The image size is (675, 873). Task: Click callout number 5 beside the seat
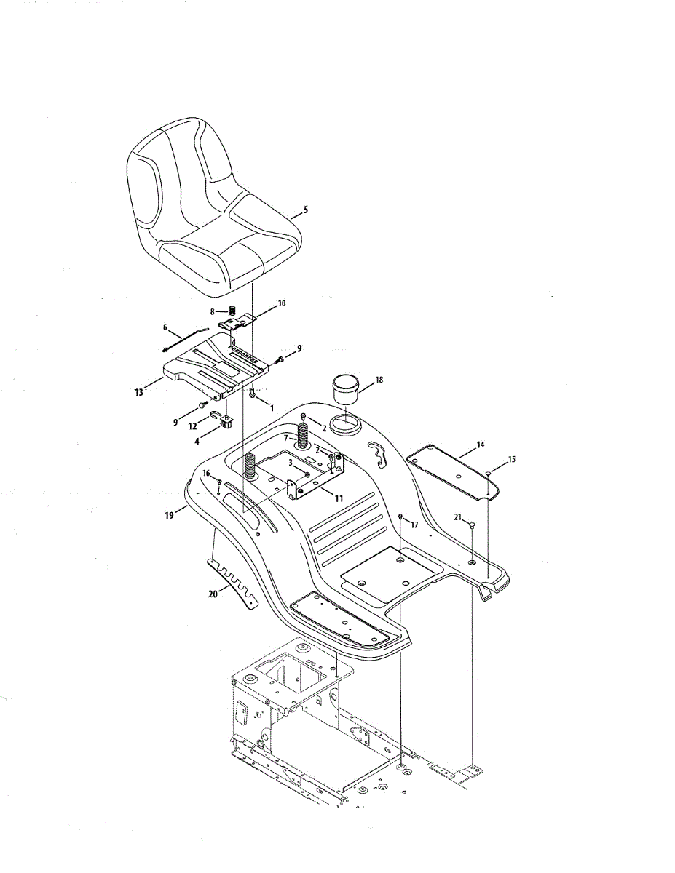tap(306, 210)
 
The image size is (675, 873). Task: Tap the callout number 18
tap(379, 380)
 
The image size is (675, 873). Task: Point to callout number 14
tap(481, 444)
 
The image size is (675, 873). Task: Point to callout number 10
tap(282, 303)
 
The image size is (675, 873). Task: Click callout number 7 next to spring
tap(286, 438)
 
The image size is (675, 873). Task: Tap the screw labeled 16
tap(218, 484)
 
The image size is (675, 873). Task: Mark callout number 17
tap(414, 524)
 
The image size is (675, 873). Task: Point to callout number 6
tap(165, 328)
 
